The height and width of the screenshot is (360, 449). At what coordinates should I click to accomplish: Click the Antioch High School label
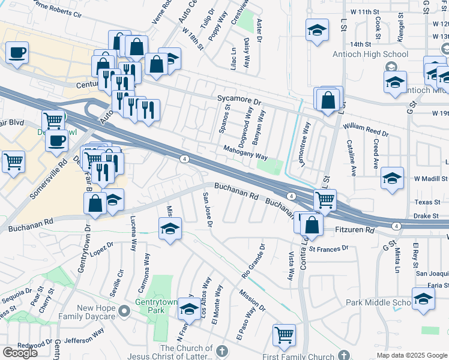pyautogui.click(x=370, y=54)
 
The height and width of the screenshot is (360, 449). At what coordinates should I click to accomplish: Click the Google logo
pyautogui.click(x=20, y=353)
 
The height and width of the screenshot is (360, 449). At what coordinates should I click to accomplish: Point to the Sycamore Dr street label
pyautogui.click(x=240, y=103)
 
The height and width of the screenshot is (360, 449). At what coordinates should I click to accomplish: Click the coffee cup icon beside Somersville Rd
pyautogui.click(x=56, y=140)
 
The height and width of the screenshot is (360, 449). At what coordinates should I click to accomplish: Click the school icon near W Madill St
pyautogui.click(x=393, y=178)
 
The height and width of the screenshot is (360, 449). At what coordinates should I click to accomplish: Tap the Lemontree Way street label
pyautogui.click(x=307, y=144)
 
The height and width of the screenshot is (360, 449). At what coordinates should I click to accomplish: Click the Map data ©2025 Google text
pyautogui.click(x=412, y=355)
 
